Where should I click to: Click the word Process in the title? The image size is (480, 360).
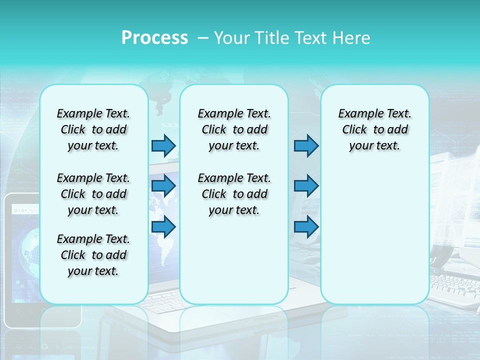[x=154, y=38]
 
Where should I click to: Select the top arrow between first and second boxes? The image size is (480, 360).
[x=163, y=145]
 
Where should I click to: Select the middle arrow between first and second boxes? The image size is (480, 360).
[x=163, y=186]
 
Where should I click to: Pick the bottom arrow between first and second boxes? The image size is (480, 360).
[x=163, y=226]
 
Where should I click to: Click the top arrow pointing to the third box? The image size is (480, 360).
[x=306, y=145]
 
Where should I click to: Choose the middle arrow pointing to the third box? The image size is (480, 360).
[x=306, y=186]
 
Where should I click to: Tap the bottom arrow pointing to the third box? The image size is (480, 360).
[x=306, y=226]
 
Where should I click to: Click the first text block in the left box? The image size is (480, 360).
[x=93, y=129]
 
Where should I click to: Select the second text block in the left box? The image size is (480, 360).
[x=93, y=194]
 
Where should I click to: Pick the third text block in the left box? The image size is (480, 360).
[x=93, y=255]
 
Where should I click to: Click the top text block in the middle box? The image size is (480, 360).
[x=234, y=129]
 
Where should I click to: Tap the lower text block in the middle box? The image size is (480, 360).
[x=234, y=194]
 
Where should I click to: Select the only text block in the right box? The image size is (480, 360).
[x=375, y=129]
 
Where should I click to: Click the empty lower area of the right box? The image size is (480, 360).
[x=375, y=240]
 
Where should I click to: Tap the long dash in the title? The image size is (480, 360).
[x=203, y=38]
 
